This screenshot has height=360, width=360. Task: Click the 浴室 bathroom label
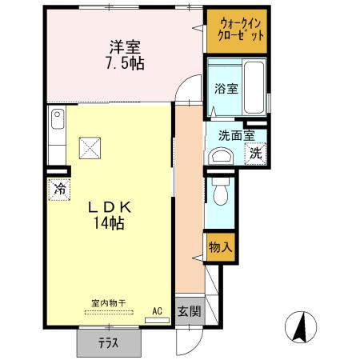[226, 89]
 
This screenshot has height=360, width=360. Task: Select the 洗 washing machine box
[255, 154]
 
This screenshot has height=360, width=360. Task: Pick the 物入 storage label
[219, 247]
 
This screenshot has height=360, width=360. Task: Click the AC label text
[157, 310]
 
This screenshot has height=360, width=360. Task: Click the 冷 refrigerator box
[59, 190]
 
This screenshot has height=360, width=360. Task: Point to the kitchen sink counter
[57, 136]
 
